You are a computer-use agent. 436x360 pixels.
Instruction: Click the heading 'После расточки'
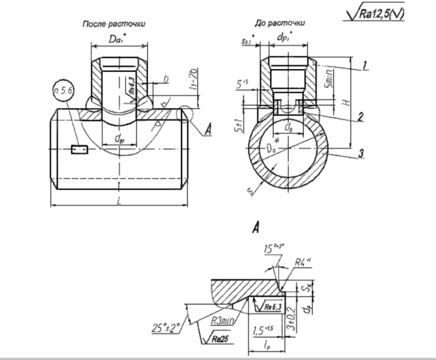pos(114,24)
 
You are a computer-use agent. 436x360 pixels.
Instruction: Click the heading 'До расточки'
pos(279,23)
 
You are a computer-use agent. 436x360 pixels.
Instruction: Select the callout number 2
pos(361,117)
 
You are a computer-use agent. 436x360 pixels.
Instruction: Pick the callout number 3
pos(361,153)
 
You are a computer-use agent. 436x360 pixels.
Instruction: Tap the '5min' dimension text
pos(331,79)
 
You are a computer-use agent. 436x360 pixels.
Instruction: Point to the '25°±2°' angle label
pos(169,326)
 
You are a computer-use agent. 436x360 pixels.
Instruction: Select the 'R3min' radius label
pos(222,321)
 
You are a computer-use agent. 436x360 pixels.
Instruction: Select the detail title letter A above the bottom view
pos(256,227)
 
